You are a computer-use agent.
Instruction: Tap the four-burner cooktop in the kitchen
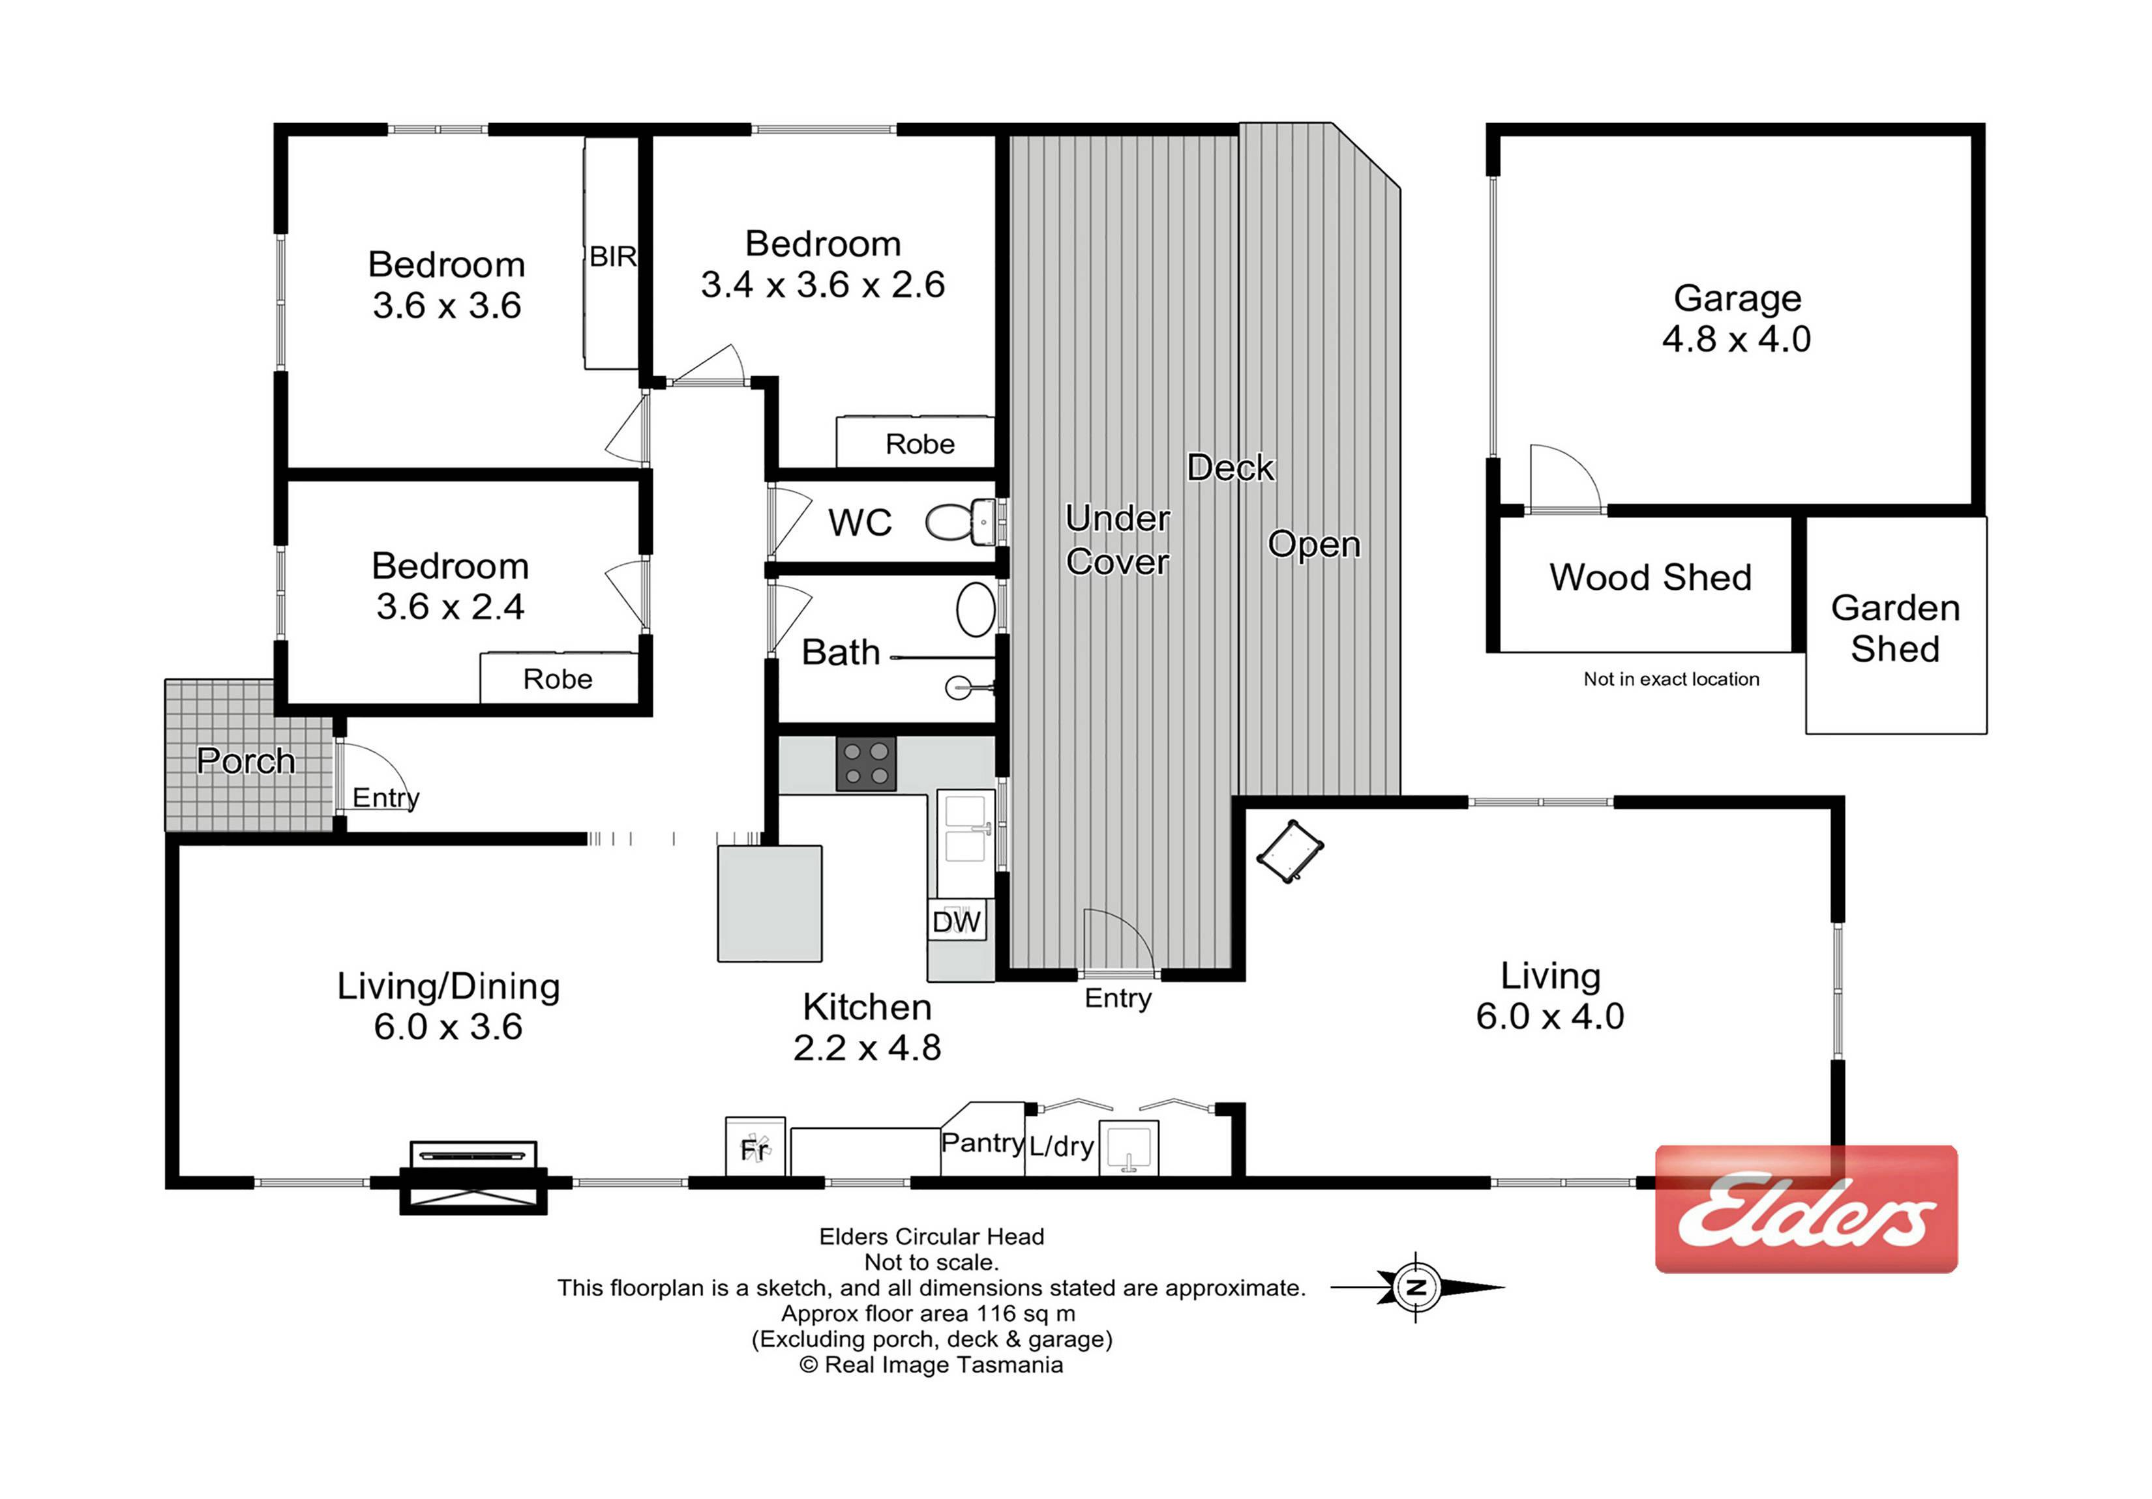pos(866,764)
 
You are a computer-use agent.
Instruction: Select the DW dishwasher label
pos(956,922)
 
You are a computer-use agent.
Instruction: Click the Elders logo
pos(1806,1210)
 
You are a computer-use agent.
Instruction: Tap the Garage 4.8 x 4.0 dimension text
pos(1737,338)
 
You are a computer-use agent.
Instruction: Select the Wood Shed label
pos(1651,577)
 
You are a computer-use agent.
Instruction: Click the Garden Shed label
pos(1895,629)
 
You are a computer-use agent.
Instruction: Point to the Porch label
pos(246,761)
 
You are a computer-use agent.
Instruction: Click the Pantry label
pos(982,1143)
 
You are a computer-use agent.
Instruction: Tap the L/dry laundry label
pos(1062,1146)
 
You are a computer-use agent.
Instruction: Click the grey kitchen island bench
pos(770,904)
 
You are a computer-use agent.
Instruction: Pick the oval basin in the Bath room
pos(976,609)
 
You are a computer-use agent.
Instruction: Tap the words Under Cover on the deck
pos(1117,540)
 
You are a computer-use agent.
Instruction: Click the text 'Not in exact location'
pos(1671,679)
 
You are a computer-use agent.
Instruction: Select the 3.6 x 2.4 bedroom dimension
pos(450,607)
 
